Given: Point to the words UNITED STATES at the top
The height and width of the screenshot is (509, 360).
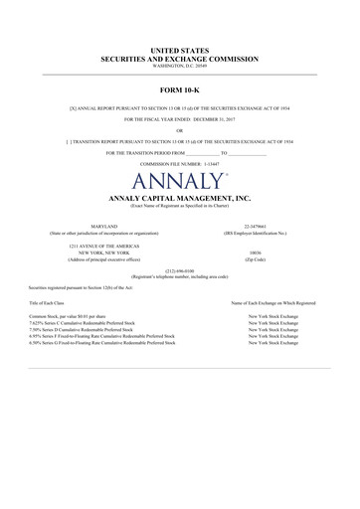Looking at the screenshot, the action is [x=180, y=49].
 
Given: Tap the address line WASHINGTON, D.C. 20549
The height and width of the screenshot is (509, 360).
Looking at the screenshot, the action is [x=180, y=65].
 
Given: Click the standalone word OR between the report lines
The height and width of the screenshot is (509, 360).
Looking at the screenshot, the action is [x=180, y=129].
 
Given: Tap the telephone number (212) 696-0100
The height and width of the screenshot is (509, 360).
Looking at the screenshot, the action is [x=180, y=270].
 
